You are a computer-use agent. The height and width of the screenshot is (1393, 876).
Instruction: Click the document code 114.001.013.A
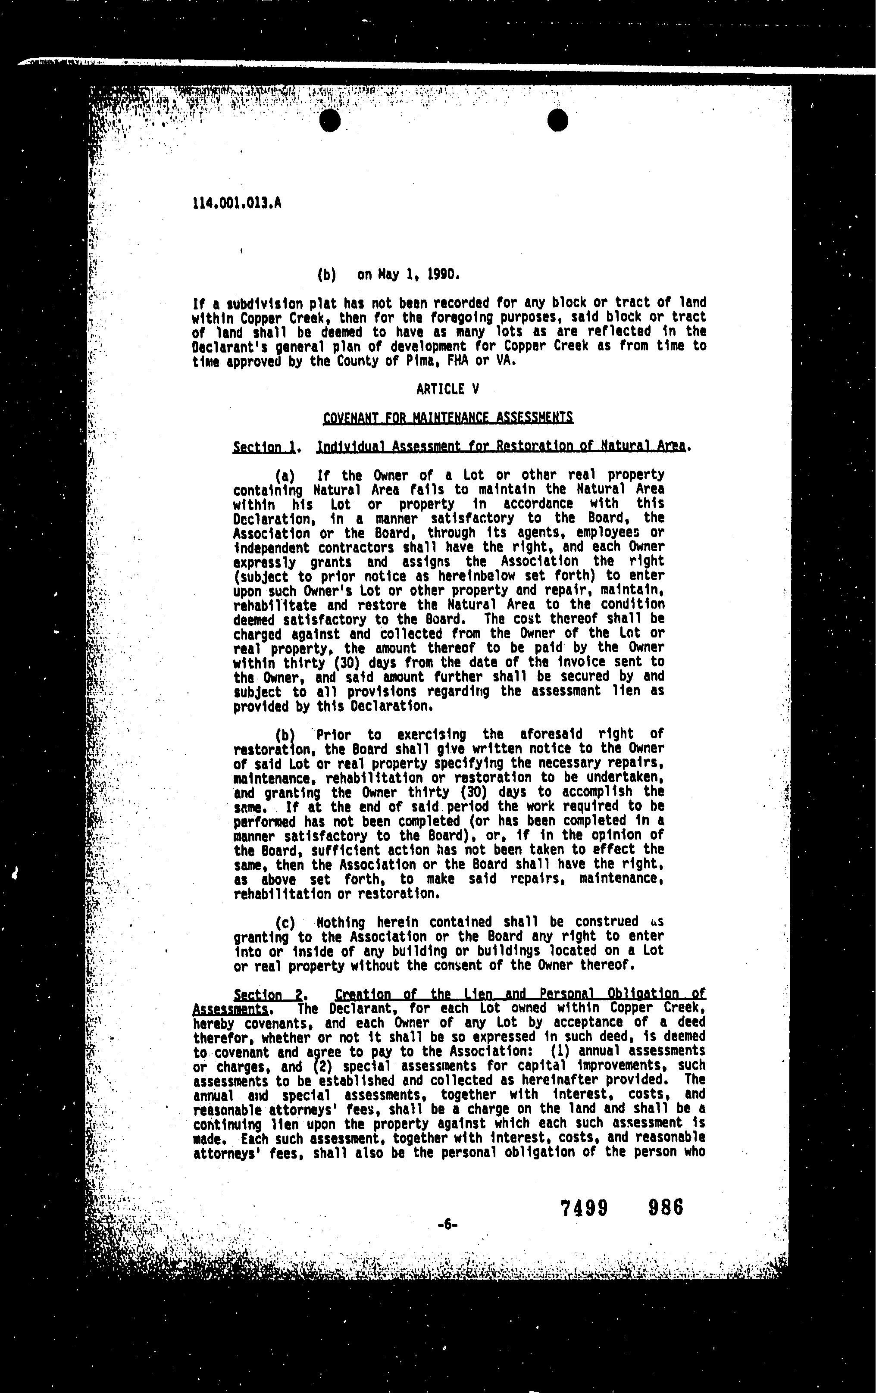[x=237, y=203]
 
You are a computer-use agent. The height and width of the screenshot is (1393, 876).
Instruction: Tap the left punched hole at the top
[x=330, y=120]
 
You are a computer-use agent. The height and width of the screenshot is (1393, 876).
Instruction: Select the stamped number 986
[x=666, y=1207]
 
